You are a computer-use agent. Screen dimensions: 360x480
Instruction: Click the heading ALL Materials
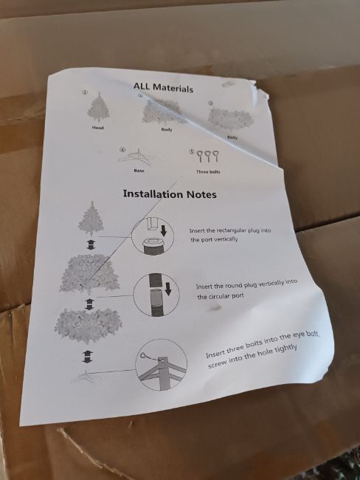tap(163, 87)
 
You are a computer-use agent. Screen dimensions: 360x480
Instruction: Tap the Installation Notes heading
tap(170, 194)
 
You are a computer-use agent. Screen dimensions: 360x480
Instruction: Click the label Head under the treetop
tap(98, 127)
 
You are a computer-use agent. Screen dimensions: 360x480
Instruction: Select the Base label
tap(139, 171)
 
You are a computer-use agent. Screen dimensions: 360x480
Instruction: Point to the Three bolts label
tap(208, 172)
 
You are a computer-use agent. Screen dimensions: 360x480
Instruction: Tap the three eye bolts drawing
tap(208, 156)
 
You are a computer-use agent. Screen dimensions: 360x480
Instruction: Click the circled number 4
tap(122, 150)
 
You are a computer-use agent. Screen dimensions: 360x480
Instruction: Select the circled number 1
tap(86, 92)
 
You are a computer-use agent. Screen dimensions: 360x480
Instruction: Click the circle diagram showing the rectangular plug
tap(153, 236)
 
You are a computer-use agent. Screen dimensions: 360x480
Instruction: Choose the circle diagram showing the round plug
tap(156, 295)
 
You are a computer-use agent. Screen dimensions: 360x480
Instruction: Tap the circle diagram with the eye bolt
tap(162, 365)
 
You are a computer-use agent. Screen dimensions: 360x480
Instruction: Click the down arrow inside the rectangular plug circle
tap(164, 230)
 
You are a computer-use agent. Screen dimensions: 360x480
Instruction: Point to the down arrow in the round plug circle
tap(167, 289)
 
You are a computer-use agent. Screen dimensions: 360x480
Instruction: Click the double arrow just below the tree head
tap(91, 244)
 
